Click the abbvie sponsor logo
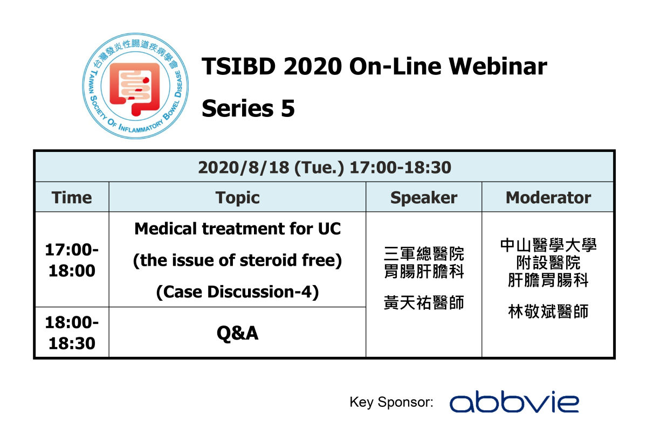(x=514, y=403)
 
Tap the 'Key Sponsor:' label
(x=391, y=403)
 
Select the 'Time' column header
(x=72, y=197)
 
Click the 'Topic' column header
(x=237, y=197)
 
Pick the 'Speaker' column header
(x=424, y=197)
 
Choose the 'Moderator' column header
(x=548, y=197)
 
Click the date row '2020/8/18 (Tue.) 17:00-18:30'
(x=324, y=168)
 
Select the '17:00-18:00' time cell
(x=72, y=260)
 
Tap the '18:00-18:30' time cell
(x=72, y=333)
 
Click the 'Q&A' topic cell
(x=237, y=333)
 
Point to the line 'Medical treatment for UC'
(x=237, y=229)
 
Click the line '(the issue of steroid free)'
(x=237, y=260)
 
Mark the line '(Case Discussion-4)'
(x=237, y=292)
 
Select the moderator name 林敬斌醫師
(x=548, y=312)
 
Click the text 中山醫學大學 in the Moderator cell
(x=548, y=246)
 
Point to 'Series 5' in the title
(x=248, y=108)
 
